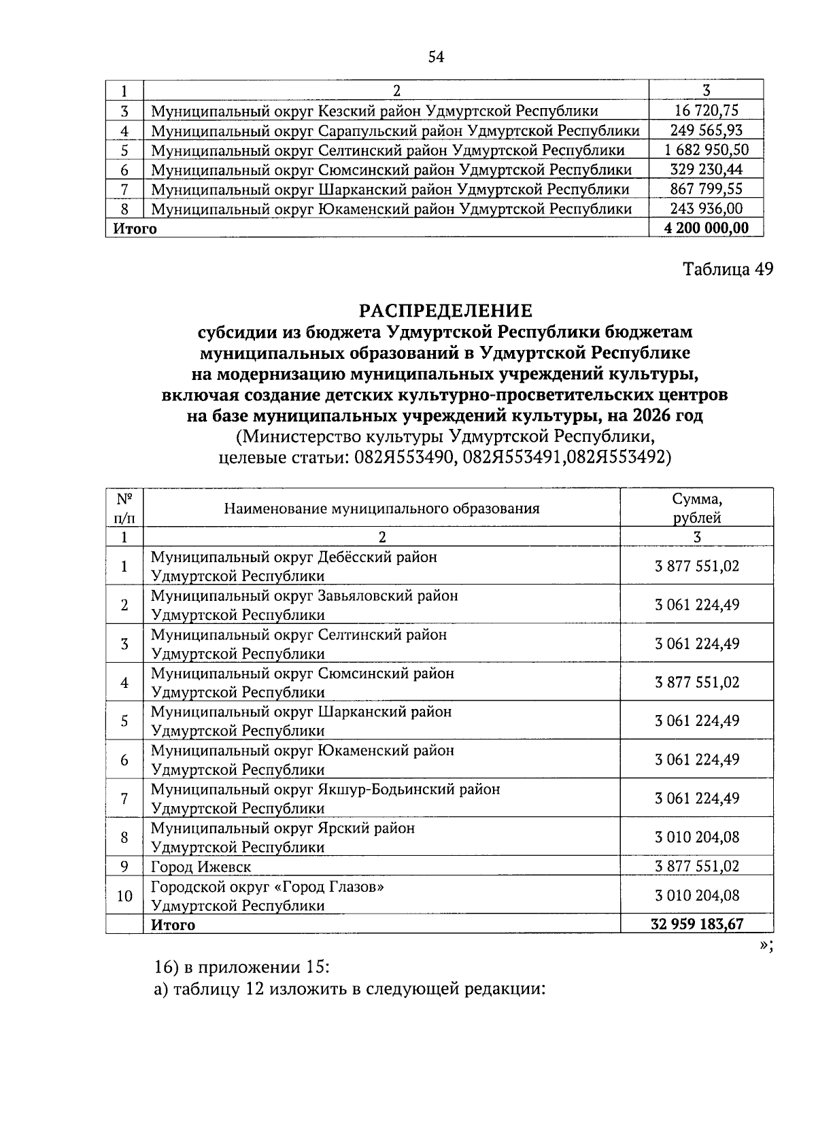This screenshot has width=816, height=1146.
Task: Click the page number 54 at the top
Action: (x=436, y=58)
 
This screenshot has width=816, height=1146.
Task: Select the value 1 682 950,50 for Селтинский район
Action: (x=706, y=150)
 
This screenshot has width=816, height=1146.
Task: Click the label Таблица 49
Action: (x=728, y=269)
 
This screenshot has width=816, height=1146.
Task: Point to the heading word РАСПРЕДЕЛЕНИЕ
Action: (x=445, y=311)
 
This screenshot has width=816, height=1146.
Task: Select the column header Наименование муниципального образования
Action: (x=381, y=508)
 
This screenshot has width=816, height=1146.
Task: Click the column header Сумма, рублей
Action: (x=697, y=508)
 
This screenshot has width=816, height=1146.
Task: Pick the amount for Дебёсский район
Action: (x=697, y=566)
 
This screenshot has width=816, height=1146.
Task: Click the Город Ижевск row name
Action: (x=201, y=867)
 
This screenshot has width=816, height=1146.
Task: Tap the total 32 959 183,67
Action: (x=697, y=924)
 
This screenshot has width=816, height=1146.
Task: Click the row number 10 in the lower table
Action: (x=124, y=896)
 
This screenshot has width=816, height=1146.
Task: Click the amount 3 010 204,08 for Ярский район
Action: (x=697, y=837)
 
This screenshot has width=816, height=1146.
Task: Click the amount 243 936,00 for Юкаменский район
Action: (x=706, y=209)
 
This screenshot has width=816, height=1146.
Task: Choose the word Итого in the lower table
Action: (x=173, y=924)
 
